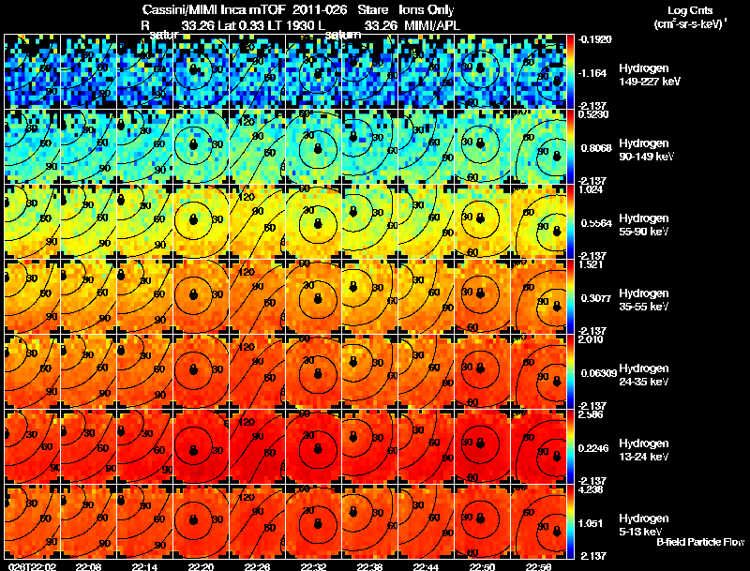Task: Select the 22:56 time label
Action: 539,566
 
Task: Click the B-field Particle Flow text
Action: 700,542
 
